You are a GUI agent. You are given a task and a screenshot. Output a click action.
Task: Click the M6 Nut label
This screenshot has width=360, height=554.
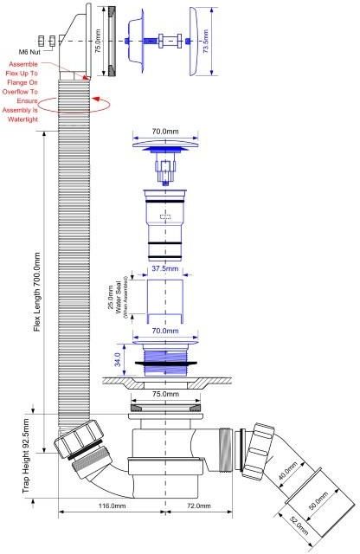click(x=29, y=52)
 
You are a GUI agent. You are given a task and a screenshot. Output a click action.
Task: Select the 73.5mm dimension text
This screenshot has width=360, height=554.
click(x=205, y=42)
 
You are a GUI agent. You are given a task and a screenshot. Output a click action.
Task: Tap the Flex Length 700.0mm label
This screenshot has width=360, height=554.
click(x=36, y=292)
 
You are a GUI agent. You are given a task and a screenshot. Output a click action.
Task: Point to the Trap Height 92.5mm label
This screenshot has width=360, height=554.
click(x=26, y=456)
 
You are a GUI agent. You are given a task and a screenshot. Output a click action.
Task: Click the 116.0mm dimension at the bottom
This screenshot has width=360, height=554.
click(x=112, y=506)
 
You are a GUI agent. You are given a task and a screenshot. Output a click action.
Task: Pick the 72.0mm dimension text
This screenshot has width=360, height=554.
click(x=199, y=506)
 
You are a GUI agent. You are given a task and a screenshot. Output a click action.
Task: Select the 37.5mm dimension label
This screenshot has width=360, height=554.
click(x=165, y=268)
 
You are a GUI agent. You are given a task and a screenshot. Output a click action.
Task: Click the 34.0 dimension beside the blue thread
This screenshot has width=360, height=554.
click(x=118, y=360)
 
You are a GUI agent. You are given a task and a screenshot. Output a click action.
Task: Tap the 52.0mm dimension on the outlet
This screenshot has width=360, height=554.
click(x=299, y=525)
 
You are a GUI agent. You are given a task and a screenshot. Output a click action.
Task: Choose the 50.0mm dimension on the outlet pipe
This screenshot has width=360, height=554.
click(x=318, y=500)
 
